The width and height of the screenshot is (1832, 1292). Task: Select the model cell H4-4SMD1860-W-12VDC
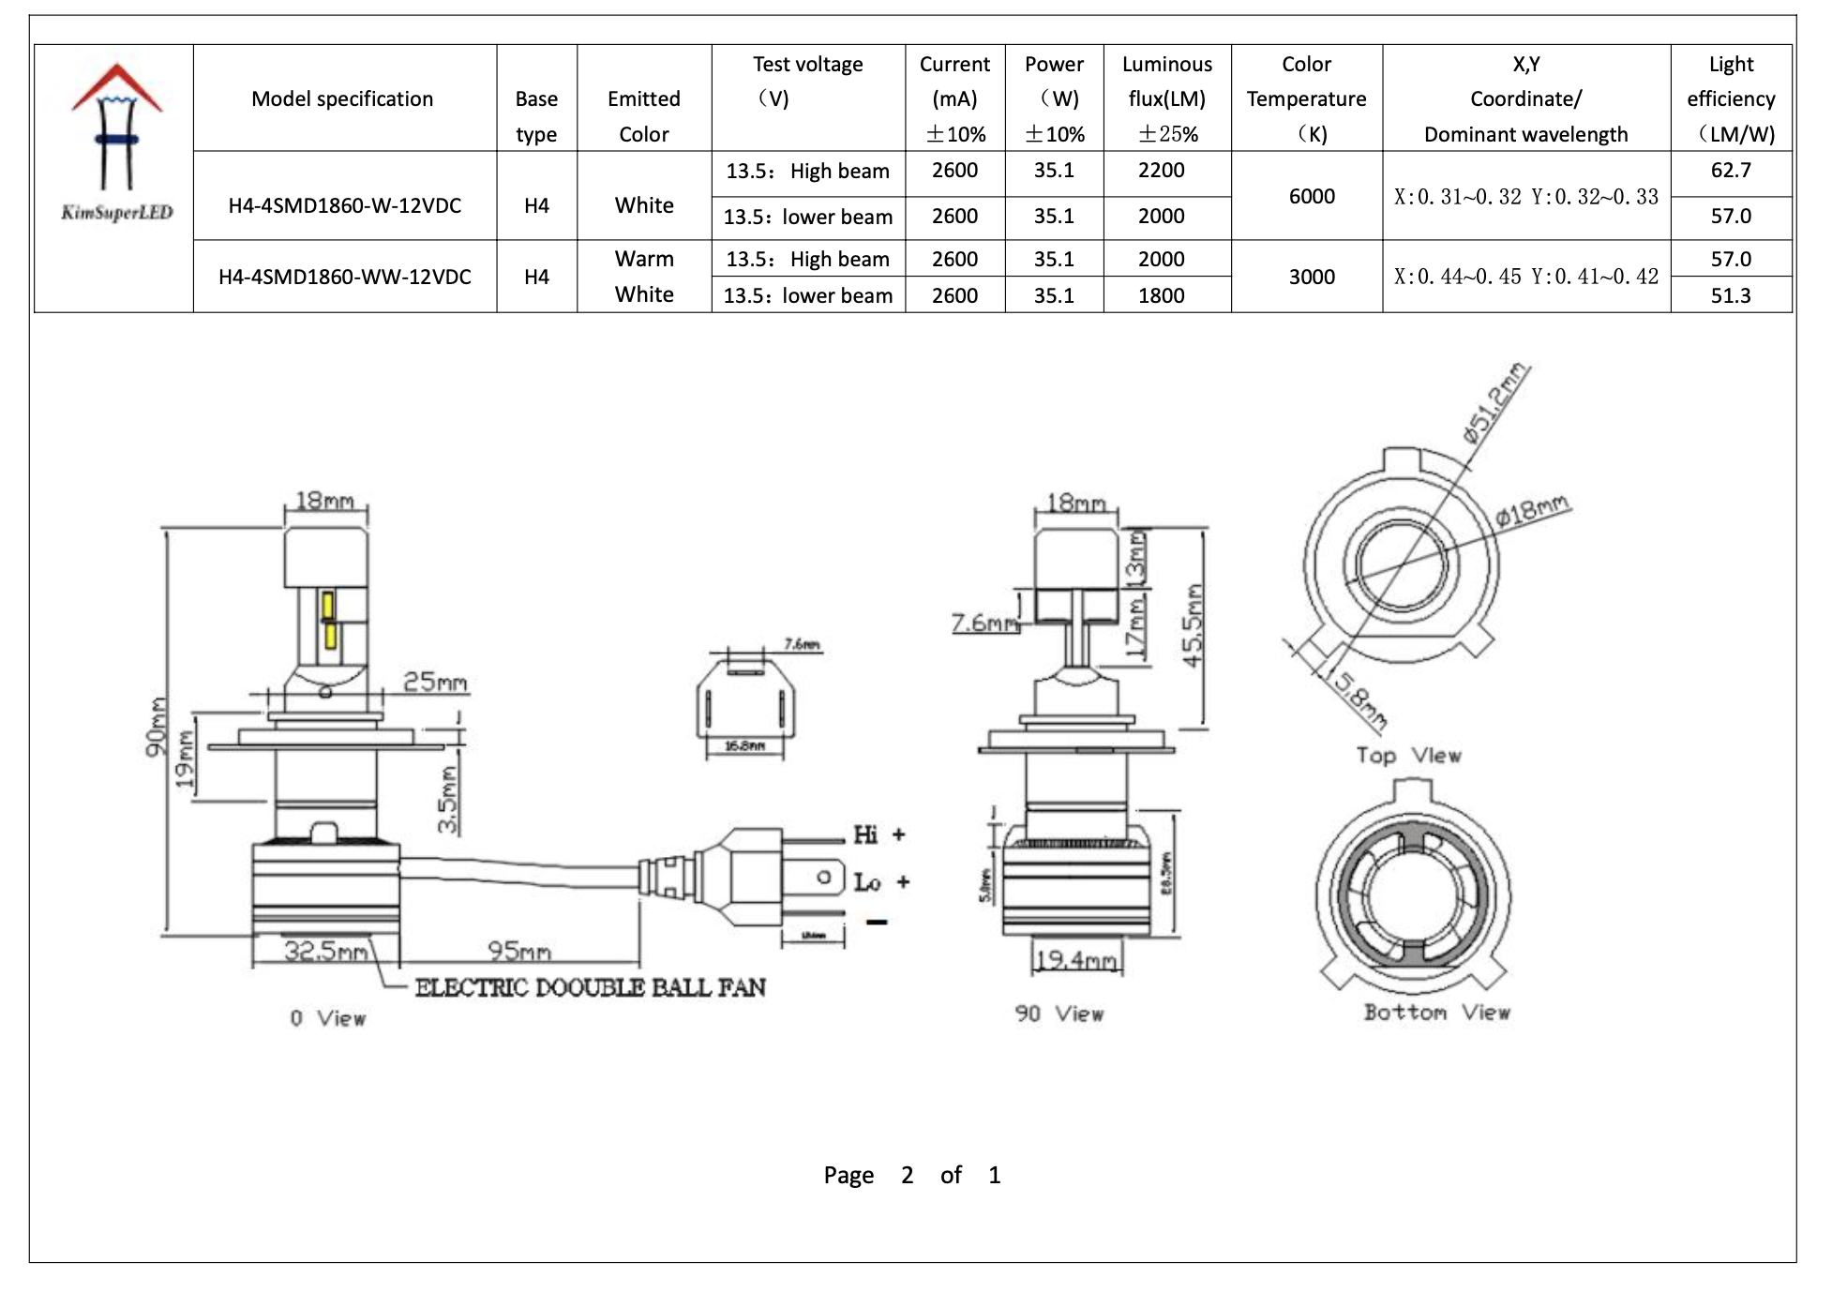tap(344, 205)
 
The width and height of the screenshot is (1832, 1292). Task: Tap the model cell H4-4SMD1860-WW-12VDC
tap(344, 277)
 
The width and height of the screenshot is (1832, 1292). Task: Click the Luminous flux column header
tap(1166, 98)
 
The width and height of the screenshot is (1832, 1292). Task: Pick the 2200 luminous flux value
tap(1161, 171)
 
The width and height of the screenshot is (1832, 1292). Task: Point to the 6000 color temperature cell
tap(1311, 196)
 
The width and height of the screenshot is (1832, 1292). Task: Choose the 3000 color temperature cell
tap(1311, 277)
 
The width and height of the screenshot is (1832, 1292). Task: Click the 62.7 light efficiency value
tap(1730, 171)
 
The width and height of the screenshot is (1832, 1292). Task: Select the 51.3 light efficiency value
tap(1730, 295)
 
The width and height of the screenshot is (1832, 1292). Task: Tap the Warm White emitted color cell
tap(644, 277)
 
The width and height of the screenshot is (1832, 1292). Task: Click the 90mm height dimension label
tap(157, 727)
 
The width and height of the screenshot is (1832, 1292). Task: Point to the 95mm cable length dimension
tap(518, 951)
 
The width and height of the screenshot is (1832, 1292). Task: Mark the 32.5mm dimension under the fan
tap(325, 951)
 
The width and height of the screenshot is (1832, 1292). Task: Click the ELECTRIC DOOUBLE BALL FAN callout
tap(590, 987)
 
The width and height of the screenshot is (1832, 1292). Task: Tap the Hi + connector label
tap(878, 834)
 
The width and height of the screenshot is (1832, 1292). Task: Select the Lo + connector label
tap(880, 881)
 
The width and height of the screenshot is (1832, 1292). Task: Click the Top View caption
tap(1408, 756)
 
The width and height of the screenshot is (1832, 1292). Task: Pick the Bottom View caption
tap(1436, 1013)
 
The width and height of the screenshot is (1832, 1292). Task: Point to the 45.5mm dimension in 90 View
tap(1193, 625)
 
